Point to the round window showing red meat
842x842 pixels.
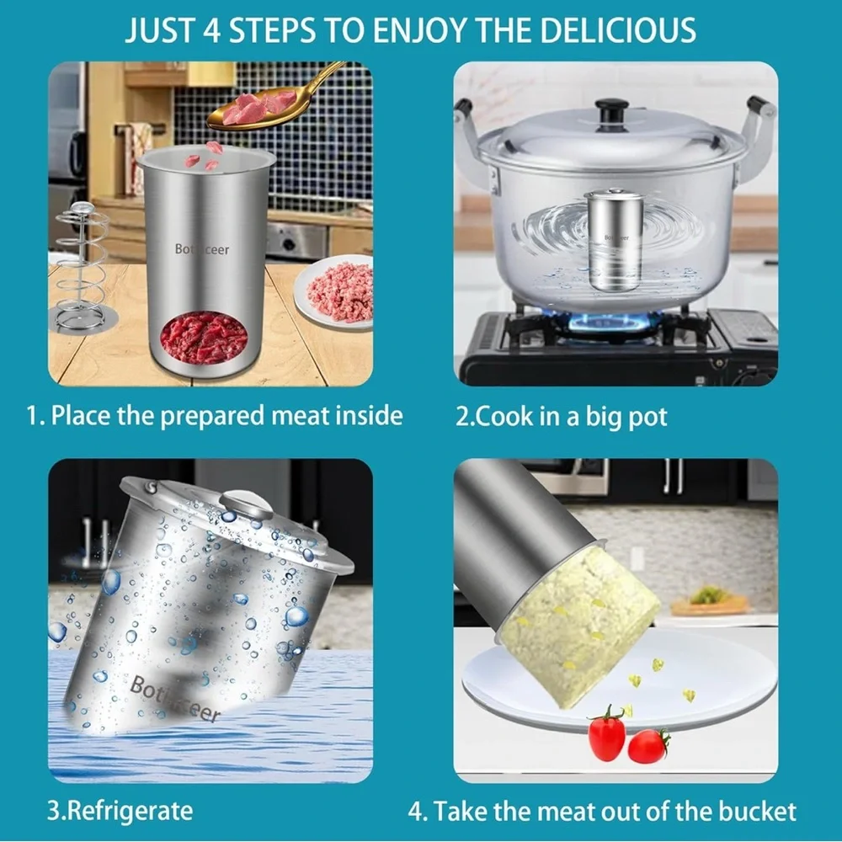click(203, 337)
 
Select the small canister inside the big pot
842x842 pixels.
click(615, 240)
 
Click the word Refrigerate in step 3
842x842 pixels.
click(130, 811)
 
